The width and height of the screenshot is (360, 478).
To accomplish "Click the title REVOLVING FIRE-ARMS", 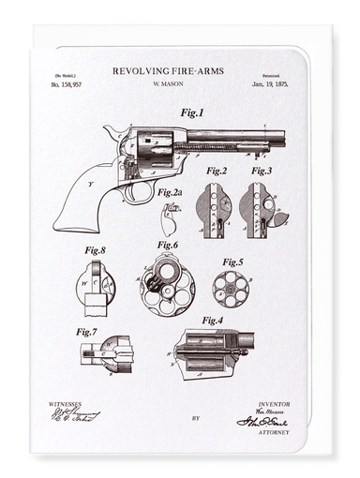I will tap(178, 70).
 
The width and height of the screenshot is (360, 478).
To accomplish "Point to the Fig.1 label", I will tap(192, 112).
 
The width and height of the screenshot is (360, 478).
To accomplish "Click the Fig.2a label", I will tap(171, 192).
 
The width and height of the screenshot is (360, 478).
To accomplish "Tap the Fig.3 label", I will tap(262, 171).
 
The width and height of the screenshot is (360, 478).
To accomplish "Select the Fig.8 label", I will tap(95, 250).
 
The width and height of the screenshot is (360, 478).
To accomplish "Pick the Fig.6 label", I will tap(168, 245).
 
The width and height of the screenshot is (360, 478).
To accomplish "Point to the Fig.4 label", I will tap(212, 320).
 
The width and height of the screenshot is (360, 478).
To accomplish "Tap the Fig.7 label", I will tap(87, 331).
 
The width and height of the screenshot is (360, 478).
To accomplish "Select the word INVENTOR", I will tap(274, 404).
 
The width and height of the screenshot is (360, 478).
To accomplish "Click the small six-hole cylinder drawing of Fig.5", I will tap(230, 289).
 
